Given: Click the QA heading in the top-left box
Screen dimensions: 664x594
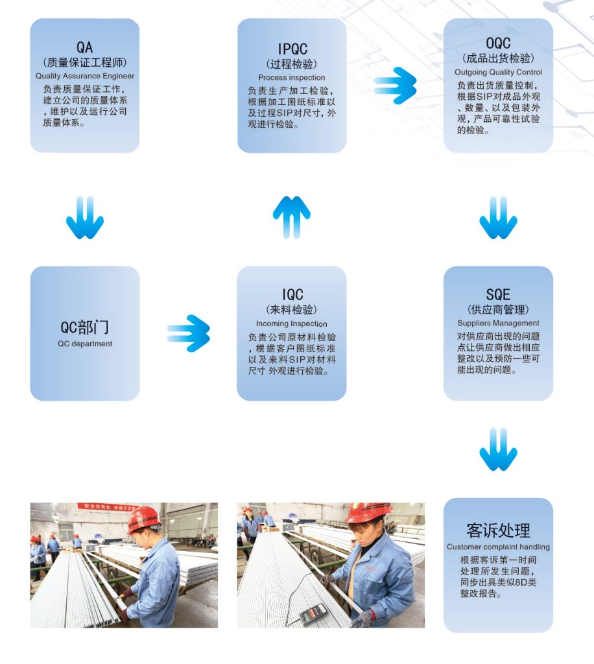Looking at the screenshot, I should pos(85,47).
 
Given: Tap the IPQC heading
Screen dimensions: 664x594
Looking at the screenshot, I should pos(292,49).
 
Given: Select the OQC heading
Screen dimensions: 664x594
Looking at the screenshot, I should pos(498,43).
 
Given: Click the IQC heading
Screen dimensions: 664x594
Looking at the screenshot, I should pos(292,294).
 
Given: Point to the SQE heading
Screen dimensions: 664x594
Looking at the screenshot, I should pos(498,294).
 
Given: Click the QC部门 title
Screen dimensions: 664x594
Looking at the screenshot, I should pos(85,327).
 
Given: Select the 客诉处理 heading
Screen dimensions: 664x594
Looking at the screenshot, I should pos(498,530).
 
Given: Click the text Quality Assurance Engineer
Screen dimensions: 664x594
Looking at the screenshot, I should pos(85,76).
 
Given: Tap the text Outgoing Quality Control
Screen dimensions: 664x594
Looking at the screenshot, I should pos(498,72).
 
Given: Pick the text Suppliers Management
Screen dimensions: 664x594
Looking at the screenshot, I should pos(498,323).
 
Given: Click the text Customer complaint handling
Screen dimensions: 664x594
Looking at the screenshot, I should pos(498,547).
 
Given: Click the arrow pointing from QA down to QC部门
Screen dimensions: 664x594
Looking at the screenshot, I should pos(85,219).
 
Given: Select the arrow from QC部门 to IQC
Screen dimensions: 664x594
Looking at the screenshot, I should pos(189,333).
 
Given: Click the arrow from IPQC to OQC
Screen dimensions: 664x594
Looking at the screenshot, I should pos(395,85).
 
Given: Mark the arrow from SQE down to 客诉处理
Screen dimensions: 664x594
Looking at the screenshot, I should pos(498,450).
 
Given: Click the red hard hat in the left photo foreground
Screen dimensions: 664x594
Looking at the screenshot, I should pos(143,518).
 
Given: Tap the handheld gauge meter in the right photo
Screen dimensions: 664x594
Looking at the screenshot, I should pos(313,613).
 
